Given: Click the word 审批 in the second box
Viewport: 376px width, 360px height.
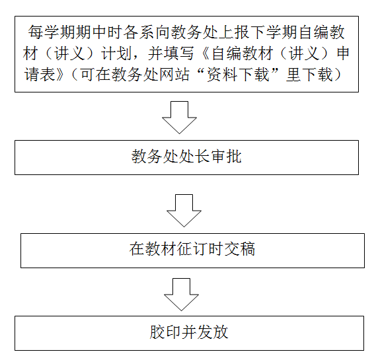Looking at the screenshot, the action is coord(226,157).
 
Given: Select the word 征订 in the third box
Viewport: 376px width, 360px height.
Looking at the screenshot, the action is coord(192,249).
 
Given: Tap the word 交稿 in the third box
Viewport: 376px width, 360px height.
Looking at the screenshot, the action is coord(239,249).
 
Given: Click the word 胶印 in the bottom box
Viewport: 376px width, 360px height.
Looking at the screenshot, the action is coord(165,332).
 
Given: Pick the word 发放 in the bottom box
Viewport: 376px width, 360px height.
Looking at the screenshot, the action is coord(213,332).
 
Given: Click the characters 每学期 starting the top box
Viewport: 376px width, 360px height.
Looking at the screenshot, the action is coord(52,32).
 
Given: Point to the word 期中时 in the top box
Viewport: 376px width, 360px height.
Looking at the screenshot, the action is coord(99,32).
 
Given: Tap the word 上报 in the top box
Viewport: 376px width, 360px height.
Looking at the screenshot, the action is coord(233,32).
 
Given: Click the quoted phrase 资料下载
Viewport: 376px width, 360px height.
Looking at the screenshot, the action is coord(239,74).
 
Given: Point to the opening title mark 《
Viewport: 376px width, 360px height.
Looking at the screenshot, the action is coord(204,54).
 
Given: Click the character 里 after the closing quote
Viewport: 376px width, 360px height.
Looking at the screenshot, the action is coord(293,74).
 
